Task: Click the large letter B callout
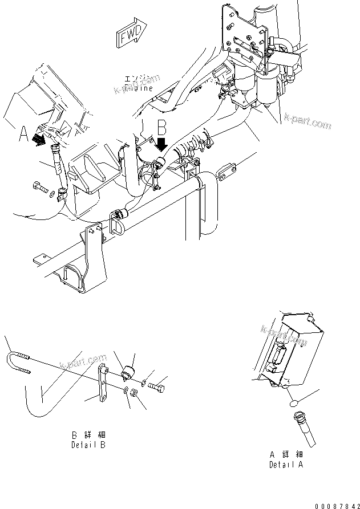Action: pos(161,125)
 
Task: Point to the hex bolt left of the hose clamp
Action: pos(41,189)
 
